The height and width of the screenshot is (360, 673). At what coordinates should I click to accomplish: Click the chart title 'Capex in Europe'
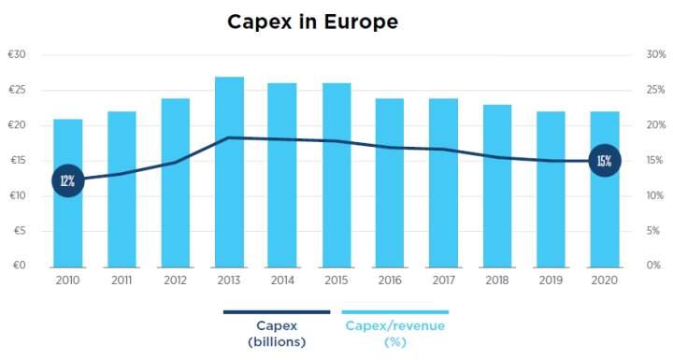point(312,22)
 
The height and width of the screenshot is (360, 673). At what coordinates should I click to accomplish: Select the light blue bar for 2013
point(229,172)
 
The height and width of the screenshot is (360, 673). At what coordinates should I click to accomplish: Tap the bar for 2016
point(390,183)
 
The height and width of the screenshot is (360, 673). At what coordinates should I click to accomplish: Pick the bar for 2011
point(122,190)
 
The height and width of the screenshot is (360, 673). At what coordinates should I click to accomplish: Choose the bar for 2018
point(497,186)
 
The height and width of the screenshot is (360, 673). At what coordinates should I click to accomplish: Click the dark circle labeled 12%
point(68,180)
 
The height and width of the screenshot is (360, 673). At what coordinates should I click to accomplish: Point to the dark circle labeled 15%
point(605,161)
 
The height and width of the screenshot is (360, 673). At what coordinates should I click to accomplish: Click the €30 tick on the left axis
point(17,54)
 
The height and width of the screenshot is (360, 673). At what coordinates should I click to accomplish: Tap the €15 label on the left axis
point(18,160)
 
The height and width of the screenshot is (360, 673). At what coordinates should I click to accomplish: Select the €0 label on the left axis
point(20,265)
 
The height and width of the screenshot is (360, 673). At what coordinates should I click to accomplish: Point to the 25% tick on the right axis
point(656,90)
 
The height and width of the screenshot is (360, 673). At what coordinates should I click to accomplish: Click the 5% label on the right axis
point(652,231)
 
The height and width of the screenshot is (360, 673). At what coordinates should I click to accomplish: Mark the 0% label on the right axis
point(653,265)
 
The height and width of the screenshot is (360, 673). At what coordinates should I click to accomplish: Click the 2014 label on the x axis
point(282,281)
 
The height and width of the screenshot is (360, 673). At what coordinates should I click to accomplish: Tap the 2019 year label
point(551,281)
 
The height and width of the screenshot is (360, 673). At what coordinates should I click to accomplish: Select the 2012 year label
point(175,281)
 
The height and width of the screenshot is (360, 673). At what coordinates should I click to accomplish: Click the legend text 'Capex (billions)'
point(277,334)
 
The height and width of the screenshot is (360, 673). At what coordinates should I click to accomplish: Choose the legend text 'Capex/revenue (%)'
point(395,334)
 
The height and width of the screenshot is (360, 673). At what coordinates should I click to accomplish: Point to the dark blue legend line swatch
point(277,312)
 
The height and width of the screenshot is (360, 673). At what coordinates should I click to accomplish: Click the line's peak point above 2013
point(229,137)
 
